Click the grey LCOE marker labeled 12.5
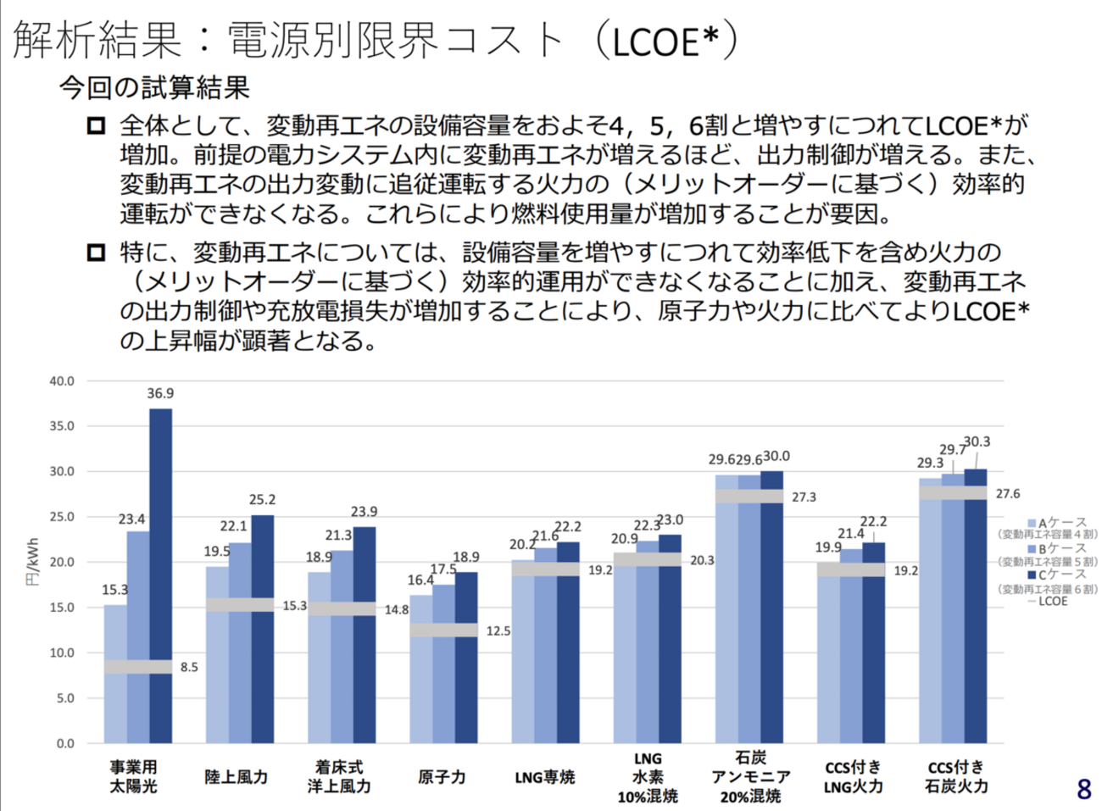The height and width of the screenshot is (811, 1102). point(443,630)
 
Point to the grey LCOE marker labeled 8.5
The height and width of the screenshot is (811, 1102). point(138,667)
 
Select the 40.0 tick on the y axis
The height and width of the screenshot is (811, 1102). point(61,381)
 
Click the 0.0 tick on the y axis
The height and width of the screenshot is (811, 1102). point(65,743)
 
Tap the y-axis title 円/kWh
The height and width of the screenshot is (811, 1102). point(33,562)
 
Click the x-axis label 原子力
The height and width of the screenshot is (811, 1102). point(442,777)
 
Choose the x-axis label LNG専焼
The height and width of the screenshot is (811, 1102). point(544,777)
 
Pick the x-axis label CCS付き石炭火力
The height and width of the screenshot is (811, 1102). point(956,776)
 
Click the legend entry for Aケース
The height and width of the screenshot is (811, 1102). point(1056,523)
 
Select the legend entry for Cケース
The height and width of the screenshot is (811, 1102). point(1056,575)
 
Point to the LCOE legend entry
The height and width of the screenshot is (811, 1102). point(1052,602)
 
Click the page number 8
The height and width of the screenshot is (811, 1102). point(1083,789)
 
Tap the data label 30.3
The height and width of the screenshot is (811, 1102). point(977,442)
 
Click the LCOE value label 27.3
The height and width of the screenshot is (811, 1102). point(804,497)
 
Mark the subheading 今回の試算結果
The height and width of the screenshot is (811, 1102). point(154,87)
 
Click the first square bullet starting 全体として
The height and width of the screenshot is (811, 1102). point(96,126)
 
